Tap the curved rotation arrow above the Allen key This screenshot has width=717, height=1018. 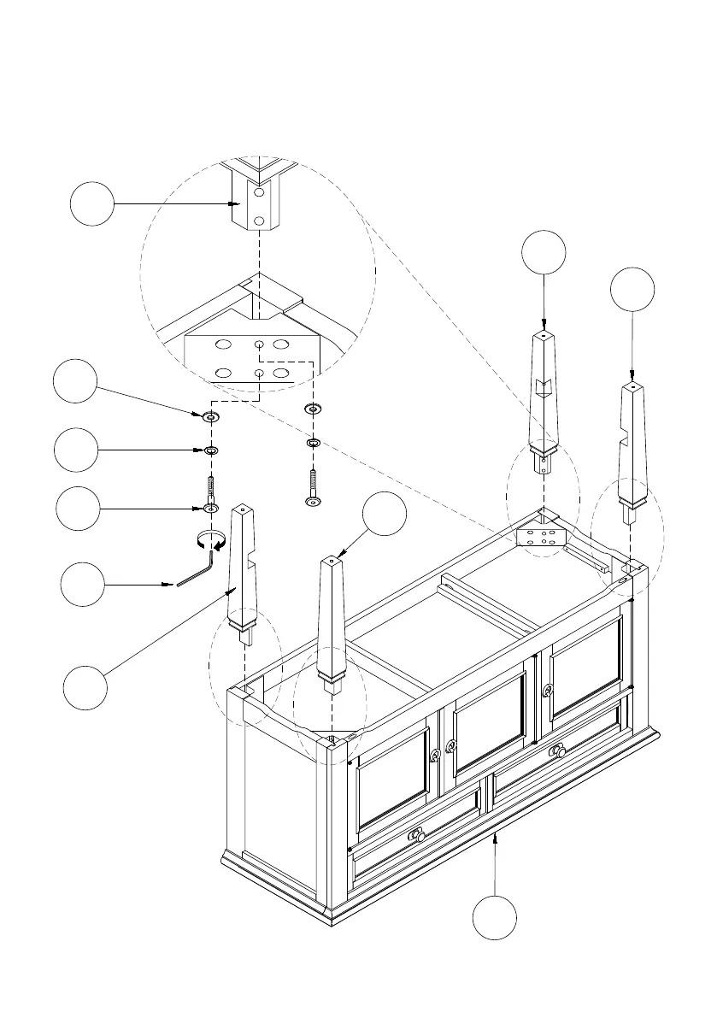click(x=209, y=538)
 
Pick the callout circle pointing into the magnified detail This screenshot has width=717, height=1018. click(x=91, y=203)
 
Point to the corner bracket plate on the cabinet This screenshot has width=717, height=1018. click(x=541, y=537)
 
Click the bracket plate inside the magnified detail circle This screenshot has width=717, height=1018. click(x=252, y=359)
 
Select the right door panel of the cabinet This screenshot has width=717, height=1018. click(x=585, y=663)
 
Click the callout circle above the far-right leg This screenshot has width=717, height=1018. click(x=632, y=291)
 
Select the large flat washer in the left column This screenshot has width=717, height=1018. click(x=209, y=417)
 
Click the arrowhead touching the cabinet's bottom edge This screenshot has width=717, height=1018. click(x=496, y=838)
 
